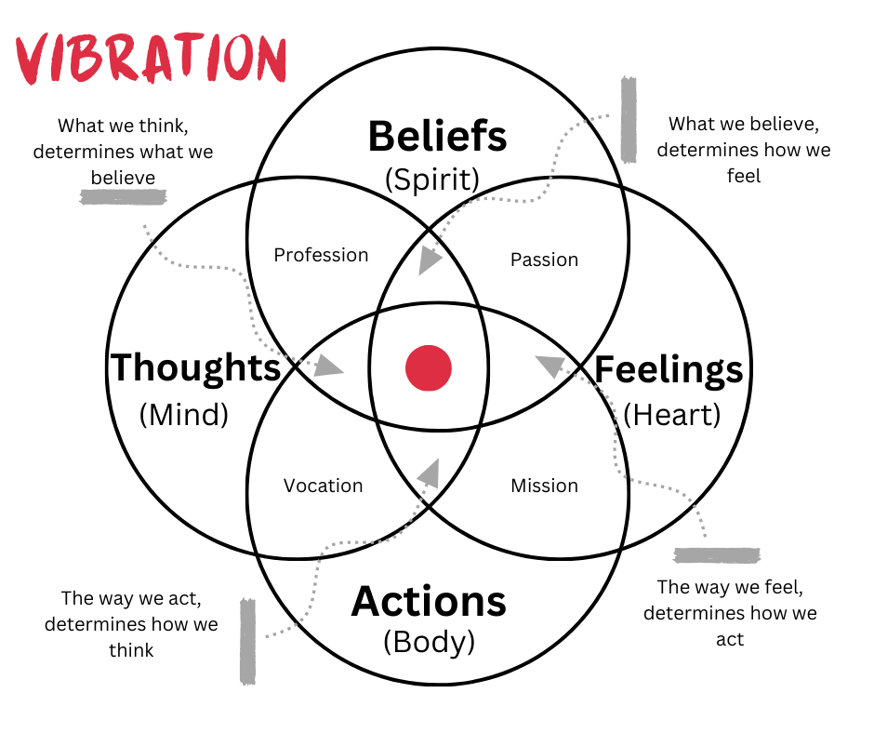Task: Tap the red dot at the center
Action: (429, 367)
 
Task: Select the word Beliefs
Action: (437, 137)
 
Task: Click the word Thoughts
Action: (195, 368)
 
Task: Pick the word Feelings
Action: (669, 370)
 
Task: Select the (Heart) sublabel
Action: (671, 414)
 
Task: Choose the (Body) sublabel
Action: (429, 642)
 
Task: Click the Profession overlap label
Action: (321, 255)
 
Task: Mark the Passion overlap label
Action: (544, 260)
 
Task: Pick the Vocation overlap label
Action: (323, 486)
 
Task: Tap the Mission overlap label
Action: (544, 486)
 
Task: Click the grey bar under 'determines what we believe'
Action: (123, 197)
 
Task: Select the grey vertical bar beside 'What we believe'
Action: (629, 119)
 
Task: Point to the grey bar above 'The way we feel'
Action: (717, 555)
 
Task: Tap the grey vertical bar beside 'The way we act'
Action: (247, 641)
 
